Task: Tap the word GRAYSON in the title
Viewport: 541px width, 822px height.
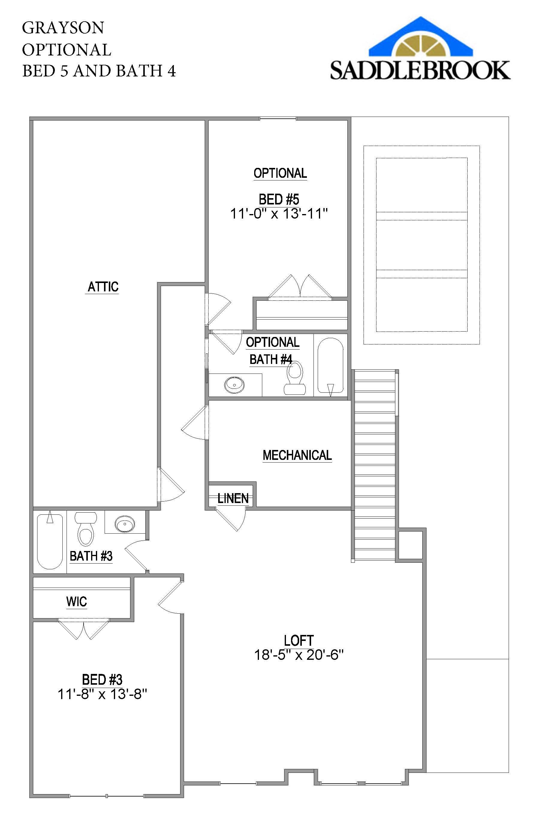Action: pos(63,28)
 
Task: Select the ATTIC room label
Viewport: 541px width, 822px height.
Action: pos(103,287)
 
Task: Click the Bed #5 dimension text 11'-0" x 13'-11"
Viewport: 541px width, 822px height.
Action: pos(279,214)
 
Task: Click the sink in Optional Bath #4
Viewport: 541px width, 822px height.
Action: pos(234,384)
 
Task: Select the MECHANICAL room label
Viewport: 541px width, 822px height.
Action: pos(297,455)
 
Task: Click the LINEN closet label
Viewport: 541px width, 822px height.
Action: pos(233,498)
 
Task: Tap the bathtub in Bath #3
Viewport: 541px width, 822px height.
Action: pos(50,541)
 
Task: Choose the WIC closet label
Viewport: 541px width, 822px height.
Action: pos(77,602)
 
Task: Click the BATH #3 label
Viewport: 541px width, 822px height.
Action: pos(91,556)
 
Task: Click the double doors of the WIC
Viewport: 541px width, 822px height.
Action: pos(83,629)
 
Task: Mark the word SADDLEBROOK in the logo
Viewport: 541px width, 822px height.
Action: pos(420,70)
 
